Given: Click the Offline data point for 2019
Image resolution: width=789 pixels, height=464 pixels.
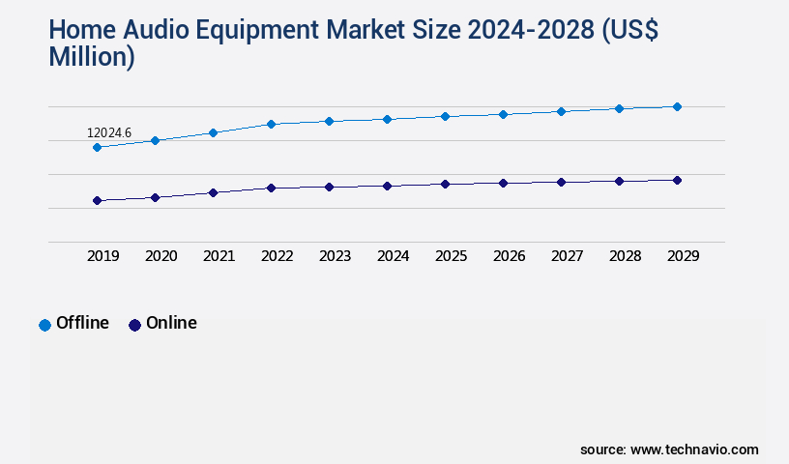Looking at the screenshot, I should pos(97,147).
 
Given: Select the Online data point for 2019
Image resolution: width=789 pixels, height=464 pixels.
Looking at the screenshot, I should pos(97,200).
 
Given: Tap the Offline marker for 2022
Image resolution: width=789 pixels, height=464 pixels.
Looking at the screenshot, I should pos(271,124).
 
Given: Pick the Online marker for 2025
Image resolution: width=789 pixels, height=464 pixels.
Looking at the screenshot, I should pos(445,184).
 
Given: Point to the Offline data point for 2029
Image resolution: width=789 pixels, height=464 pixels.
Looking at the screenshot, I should pos(677,106).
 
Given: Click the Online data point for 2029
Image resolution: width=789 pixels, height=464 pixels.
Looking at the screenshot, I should pos(677,180).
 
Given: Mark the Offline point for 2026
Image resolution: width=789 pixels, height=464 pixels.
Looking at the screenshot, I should pos(503,114).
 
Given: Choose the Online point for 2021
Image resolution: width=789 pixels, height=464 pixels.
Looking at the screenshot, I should pos(213,192).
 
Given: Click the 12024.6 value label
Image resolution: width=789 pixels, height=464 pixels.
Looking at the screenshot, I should pos(108,132).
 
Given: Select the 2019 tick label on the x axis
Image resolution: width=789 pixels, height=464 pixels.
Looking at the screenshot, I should pos(103,256).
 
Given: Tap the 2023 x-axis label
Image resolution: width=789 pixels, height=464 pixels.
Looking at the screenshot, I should pos(336,256).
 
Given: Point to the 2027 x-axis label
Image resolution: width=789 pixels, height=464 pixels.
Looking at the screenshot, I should pos(568,256).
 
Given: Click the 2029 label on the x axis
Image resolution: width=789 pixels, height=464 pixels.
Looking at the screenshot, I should pos(684,256).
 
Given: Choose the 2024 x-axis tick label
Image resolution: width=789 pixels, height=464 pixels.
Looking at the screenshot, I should pos(394,256).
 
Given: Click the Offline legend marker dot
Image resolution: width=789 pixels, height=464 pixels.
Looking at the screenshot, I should pos(44,325).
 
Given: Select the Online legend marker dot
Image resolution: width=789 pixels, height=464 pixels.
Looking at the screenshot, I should pos(134,325).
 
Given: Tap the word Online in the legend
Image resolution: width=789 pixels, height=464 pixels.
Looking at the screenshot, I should pos(171,323).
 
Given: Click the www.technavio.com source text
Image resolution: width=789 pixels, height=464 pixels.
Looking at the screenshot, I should pos(694,449).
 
